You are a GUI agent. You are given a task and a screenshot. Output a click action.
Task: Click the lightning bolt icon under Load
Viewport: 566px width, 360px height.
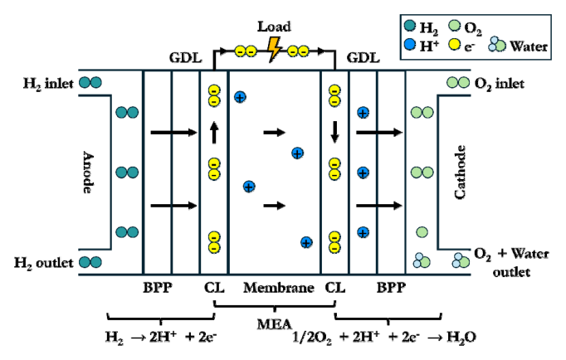(275, 49)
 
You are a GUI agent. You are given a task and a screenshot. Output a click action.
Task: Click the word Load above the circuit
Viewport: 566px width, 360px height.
(274, 27)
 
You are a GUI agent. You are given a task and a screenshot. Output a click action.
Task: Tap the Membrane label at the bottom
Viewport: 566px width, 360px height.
(279, 288)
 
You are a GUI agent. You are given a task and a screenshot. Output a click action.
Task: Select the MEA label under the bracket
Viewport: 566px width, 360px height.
(275, 324)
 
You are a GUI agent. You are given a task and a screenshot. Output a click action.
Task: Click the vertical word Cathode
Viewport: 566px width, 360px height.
(460, 172)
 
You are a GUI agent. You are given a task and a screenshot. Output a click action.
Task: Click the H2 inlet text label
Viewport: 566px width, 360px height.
(48, 84)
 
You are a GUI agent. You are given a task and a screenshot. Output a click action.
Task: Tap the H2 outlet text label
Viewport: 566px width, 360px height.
(44, 263)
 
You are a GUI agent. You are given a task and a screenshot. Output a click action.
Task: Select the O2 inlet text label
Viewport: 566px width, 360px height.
(500, 84)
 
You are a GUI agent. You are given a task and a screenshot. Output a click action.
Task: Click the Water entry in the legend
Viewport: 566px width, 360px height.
(519, 46)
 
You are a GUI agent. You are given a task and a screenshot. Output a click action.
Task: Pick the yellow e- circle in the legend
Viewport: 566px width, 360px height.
(454, 44)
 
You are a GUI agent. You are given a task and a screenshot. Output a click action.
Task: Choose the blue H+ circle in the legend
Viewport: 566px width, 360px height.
(410, 44)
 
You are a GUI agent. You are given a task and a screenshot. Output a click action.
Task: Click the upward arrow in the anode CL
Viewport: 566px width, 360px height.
(214, 133)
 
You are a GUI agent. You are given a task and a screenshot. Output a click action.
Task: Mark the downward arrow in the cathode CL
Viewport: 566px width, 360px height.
(334, 132)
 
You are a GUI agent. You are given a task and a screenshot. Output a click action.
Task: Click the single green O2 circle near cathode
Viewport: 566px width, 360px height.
(422, 232)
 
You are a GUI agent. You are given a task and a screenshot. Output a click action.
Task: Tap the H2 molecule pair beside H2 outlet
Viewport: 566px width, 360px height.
(90, 262)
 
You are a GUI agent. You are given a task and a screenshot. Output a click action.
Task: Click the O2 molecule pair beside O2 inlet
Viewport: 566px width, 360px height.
(458, 83)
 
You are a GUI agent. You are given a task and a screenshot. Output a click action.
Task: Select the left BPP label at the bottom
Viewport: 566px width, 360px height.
(158, 288)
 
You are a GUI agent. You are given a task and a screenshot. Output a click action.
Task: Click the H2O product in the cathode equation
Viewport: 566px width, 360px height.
(461, 338)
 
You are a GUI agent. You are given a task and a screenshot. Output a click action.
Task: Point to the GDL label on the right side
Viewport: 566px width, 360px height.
(364, 58)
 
